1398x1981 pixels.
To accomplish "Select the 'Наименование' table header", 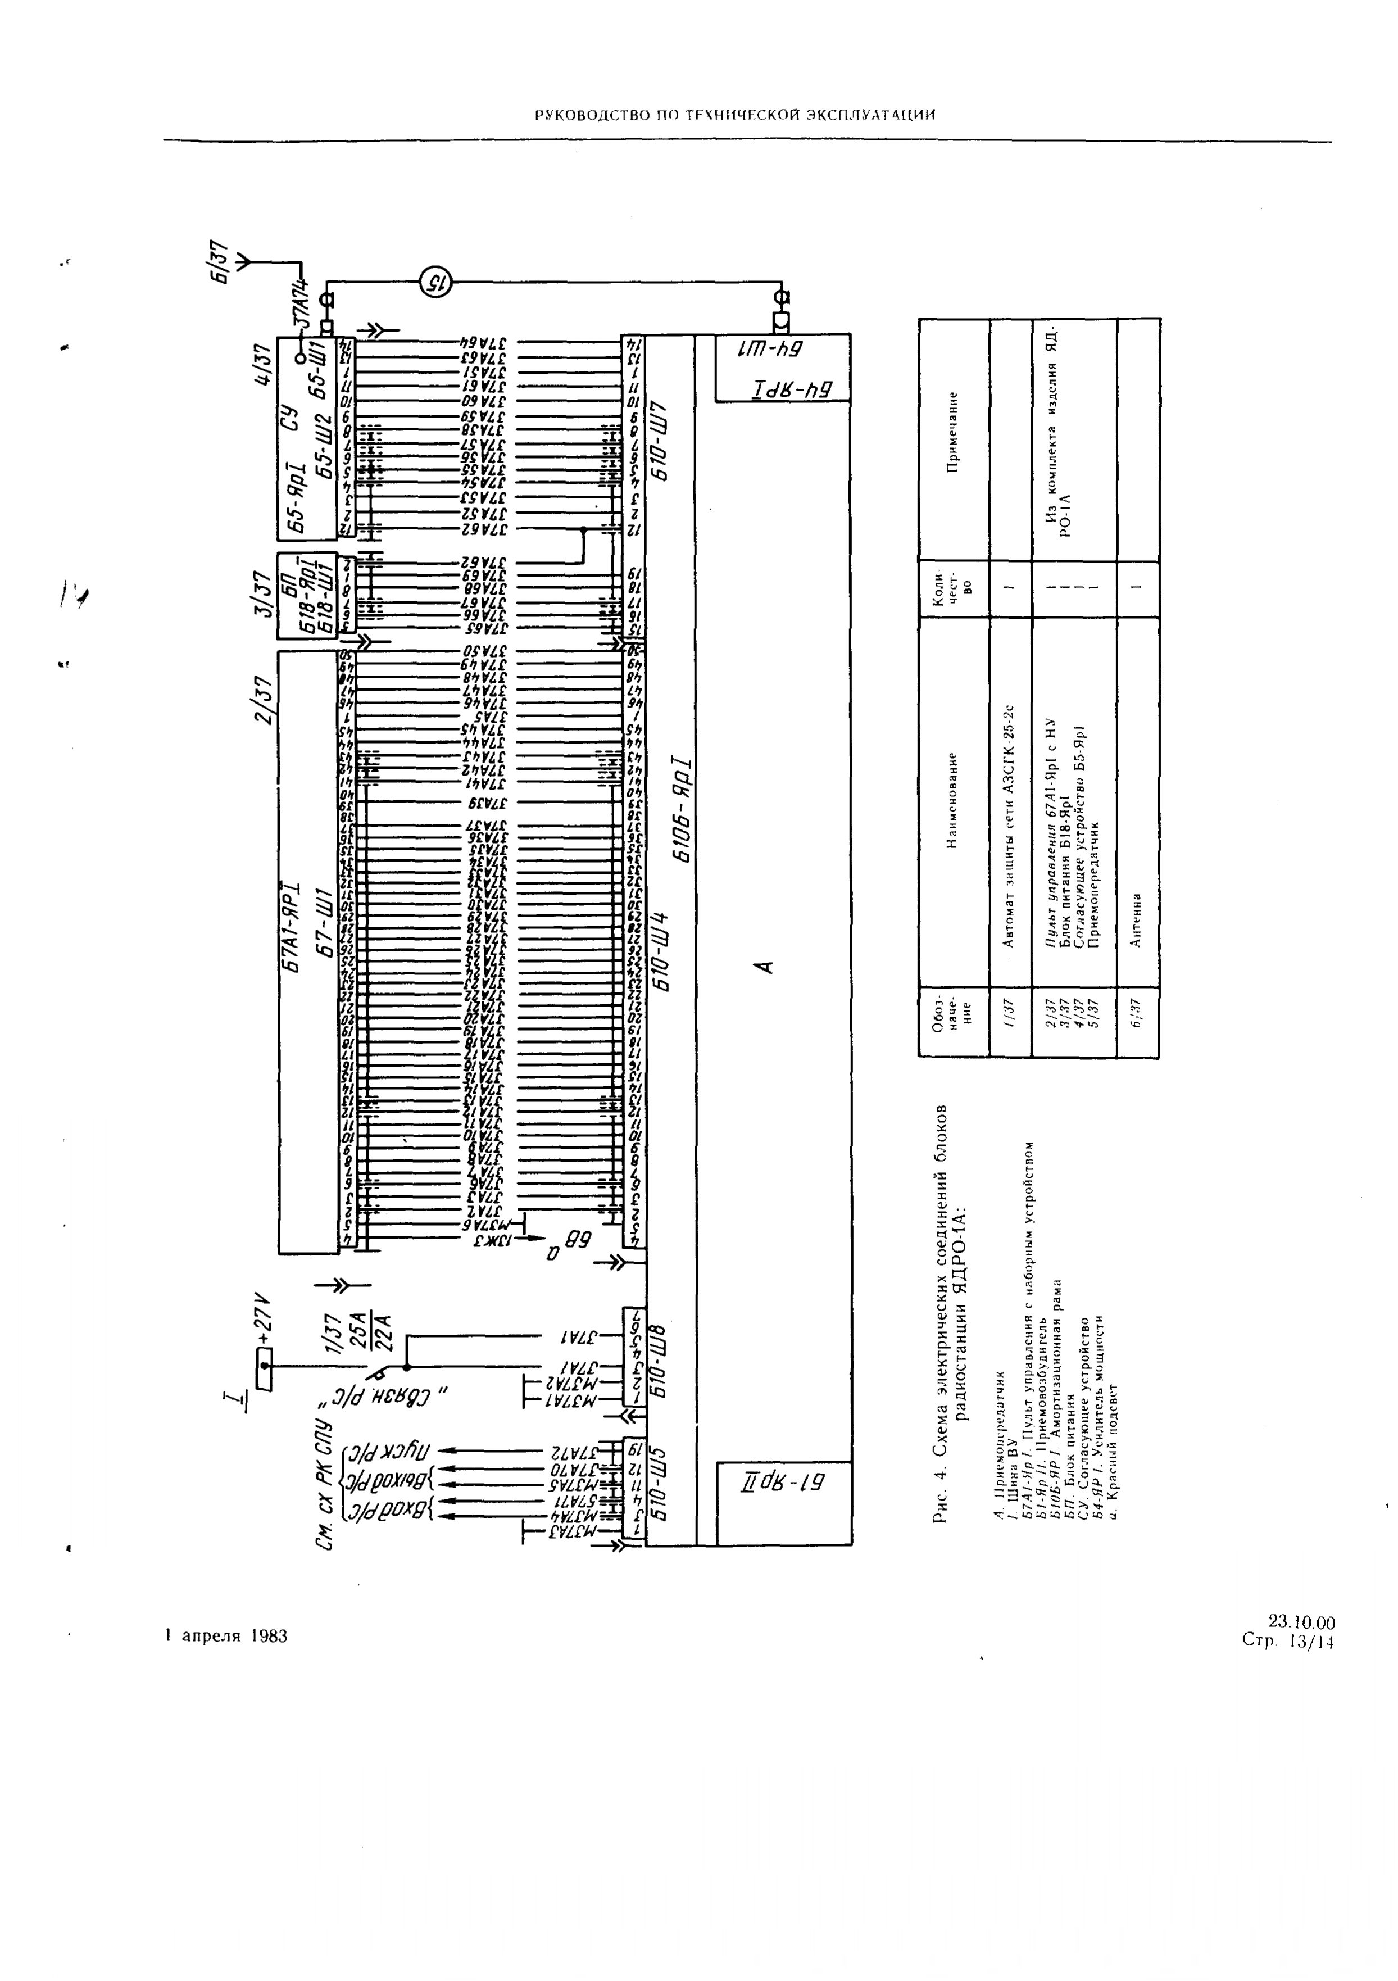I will (953, 801).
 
